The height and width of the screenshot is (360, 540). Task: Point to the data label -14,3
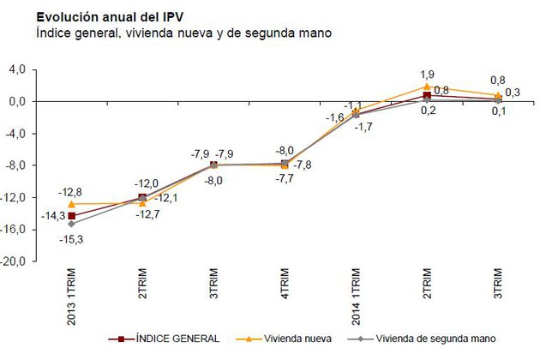(48, 216)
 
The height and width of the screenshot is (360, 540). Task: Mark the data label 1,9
(427, 74)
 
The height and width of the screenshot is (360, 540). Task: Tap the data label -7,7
(284, 179)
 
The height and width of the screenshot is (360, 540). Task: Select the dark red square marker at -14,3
(71, 215)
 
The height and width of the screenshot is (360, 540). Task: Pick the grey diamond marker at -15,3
(71, 224)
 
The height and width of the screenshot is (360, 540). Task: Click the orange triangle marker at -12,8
(71, 203)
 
